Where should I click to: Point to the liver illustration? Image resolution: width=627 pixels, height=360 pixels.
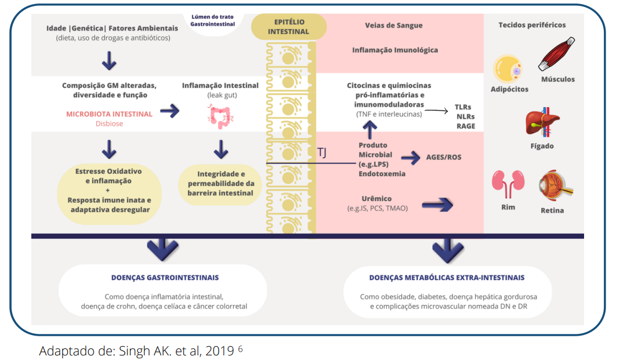pos(542,123)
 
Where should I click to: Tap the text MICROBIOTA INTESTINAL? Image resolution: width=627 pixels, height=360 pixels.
pos(110,114)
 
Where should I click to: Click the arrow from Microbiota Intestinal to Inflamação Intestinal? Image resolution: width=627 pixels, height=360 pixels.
pos(169,112)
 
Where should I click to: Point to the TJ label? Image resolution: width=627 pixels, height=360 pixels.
pos(322,152)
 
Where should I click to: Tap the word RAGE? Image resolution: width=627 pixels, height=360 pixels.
pos(465,126)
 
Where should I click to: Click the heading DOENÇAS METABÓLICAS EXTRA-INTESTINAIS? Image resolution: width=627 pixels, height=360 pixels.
pos(446,278)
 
